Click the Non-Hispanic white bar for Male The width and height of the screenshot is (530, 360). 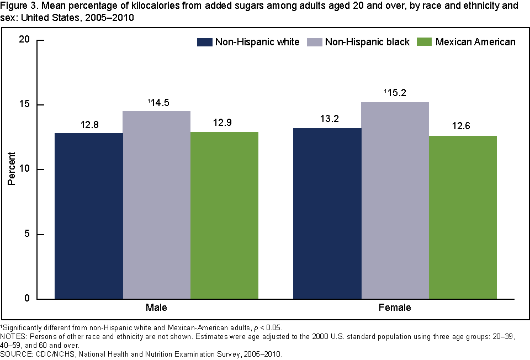pos(89,216)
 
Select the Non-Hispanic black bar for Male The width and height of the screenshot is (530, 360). pos(157,205)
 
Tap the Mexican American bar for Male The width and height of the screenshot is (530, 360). pos(224,215)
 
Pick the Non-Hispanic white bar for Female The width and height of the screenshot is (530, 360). pos(327,213)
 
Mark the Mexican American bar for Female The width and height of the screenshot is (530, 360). pos(463,218)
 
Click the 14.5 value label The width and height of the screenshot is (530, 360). pos(158,103)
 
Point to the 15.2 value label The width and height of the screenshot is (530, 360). pos(397,94)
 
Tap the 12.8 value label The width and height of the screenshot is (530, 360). pos(89,125)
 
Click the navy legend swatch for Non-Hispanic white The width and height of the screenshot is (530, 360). pos(205,43)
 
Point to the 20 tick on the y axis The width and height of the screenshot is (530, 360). pos(23,40)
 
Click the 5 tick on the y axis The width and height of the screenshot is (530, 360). pos(25,235)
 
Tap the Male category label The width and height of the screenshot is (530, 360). pos(157,308)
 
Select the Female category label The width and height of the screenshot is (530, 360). pos(395,308)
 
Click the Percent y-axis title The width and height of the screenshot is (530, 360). pos(11,170)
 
